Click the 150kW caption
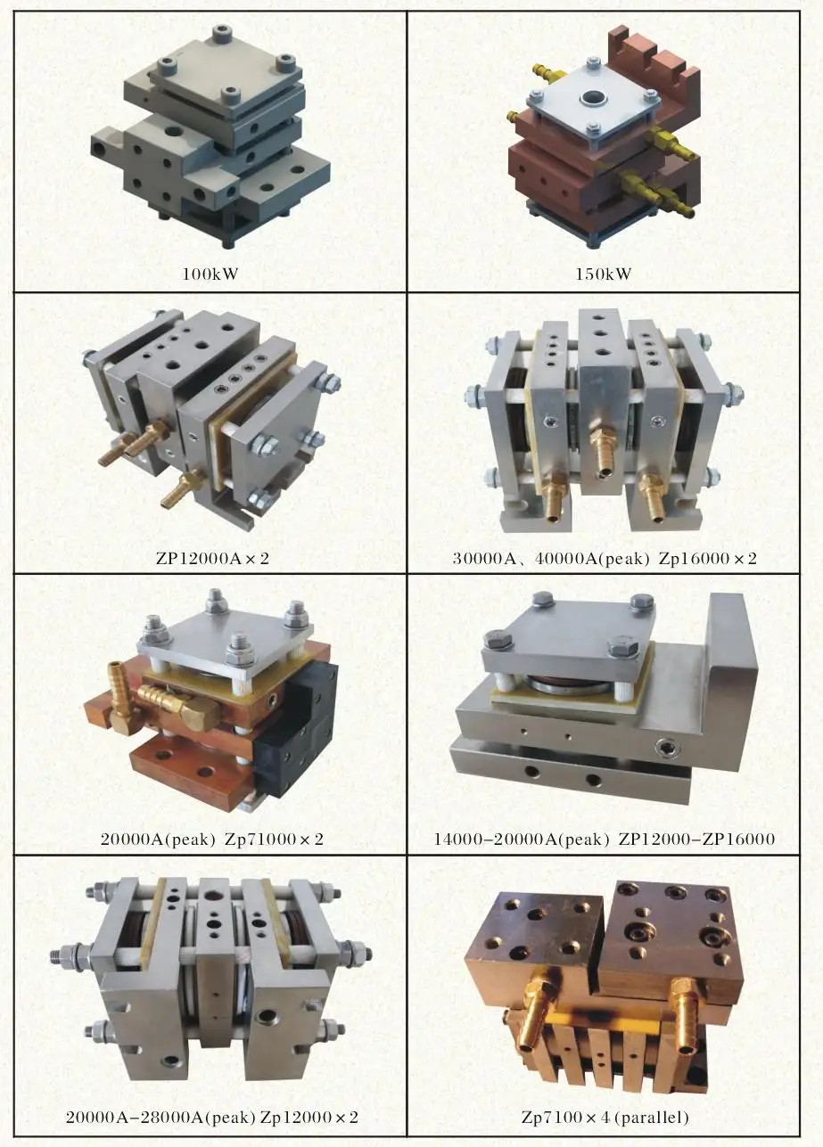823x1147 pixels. tap(604, 274)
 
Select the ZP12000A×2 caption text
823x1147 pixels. tap(211, 559)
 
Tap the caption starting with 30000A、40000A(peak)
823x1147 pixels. tap(605, 559)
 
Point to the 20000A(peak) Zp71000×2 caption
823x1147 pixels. tap(211, 839)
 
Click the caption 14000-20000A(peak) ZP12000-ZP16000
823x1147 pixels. tap(605, 839)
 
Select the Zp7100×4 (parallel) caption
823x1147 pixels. tap(605, 1117)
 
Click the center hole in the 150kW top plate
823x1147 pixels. tap(592, 98)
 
